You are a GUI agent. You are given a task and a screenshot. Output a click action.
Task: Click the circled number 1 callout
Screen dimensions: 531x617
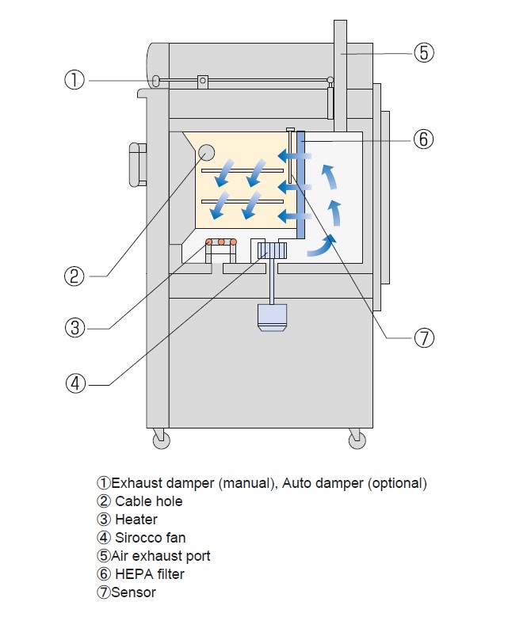[x=74, y=80]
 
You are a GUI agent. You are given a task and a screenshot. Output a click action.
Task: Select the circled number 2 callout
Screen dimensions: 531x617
[x=74, y=276]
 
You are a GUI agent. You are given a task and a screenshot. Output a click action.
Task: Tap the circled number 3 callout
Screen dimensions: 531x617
[x=74, y=328]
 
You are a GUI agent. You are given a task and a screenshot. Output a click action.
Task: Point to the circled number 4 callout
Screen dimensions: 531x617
[x=75, y=383]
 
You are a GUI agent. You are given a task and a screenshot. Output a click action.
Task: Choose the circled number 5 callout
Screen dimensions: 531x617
[x=424, y=53]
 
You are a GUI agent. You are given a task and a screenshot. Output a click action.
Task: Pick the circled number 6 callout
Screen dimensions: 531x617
[x=423, y=139]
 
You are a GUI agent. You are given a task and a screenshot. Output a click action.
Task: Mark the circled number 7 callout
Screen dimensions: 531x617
[x=424, y=338]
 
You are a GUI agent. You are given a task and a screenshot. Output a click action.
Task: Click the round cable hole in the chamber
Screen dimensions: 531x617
[x=206, y=153]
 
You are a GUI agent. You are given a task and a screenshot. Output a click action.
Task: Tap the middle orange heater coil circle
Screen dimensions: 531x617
[x=222, y=242]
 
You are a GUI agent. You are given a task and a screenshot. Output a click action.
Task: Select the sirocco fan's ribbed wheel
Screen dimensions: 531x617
[x=272, y=250]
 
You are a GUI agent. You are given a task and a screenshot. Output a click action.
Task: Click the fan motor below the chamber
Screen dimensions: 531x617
[x=272, y=318]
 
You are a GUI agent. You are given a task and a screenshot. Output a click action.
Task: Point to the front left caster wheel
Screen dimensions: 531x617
[x=162, y=440]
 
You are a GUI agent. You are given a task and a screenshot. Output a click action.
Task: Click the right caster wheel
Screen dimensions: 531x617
[x=357, y=440]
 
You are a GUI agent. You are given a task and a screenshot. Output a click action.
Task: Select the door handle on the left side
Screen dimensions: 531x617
[x=138, y=165]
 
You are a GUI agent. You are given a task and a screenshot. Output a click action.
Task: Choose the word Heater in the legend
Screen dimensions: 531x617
[x=136, y=520]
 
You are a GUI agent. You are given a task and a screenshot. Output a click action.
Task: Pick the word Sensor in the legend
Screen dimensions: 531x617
[x=133, y=592]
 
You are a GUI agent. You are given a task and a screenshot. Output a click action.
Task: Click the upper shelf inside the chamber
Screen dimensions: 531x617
[x=242, y=171]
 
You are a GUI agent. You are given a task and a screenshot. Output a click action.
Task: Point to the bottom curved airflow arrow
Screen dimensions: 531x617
[x=322, y=246]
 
